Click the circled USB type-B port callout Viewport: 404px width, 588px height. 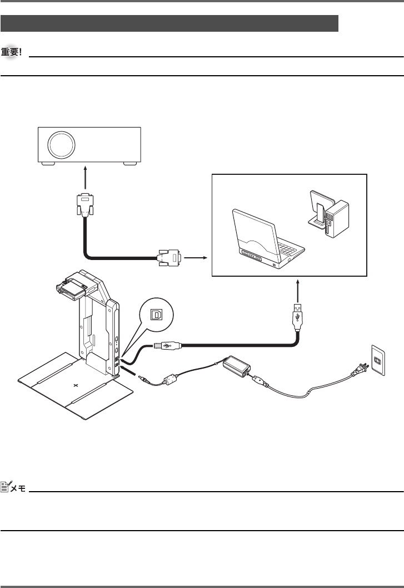tap(157, 315)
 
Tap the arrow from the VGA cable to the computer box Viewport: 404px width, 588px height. tap(196, 258)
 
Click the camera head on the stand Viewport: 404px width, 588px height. tap(72, 286)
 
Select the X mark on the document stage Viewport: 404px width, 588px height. tap(76, 385)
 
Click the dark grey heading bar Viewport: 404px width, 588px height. tap(169, 23)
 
